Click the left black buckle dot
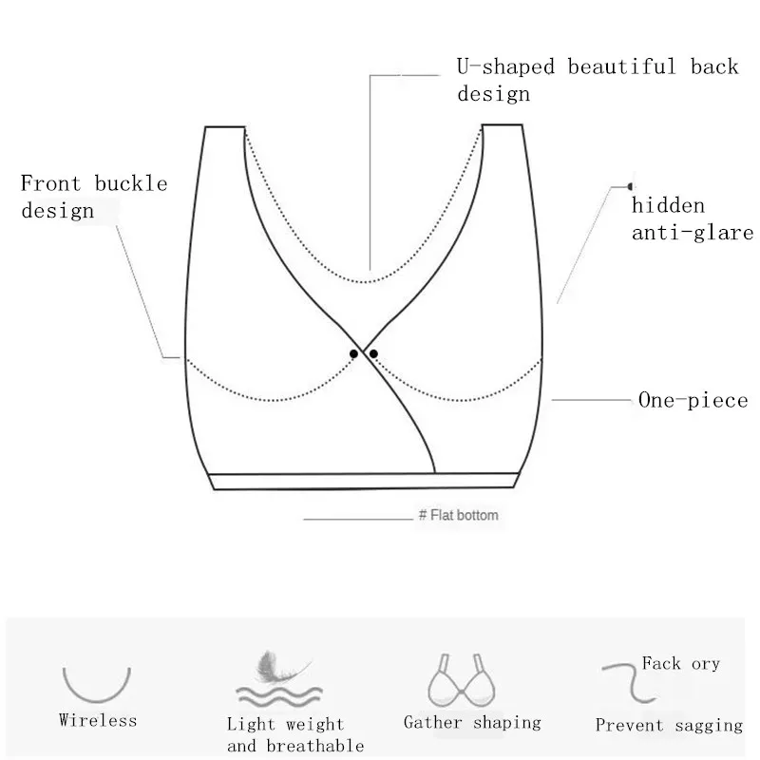click(x=354, y=353)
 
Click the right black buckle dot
click(x=373, y=353)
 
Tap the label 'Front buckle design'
click(x=93, y=196)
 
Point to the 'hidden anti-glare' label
click(x=692, y=218)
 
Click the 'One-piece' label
click(x=693, y=400)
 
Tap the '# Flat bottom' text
click(x=458, y=516)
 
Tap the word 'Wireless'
click(x=98, y=720)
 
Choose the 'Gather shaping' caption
click(x=472, y=723)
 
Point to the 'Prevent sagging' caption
click(x=669, y=725)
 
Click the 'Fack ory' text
click(x=680, y=663)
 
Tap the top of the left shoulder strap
click(x=225, y=126)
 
